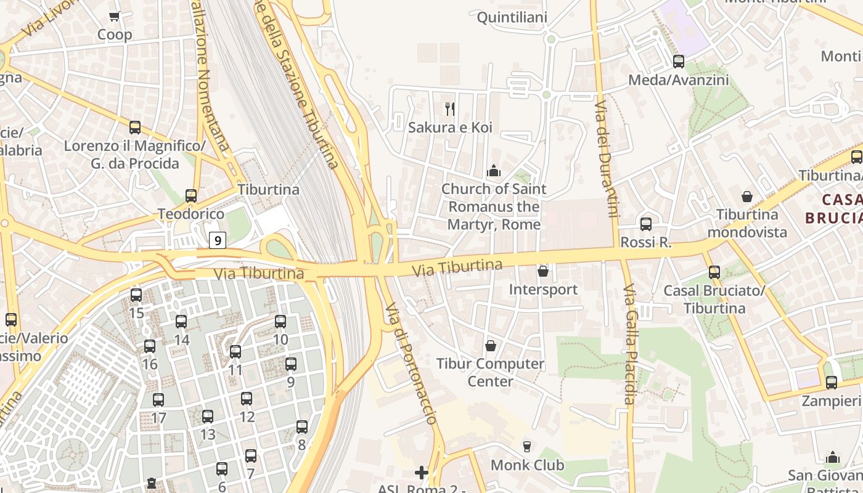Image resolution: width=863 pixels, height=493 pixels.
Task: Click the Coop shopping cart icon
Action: click(114, 17)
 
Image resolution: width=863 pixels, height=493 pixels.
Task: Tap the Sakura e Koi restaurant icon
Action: click(450, 109)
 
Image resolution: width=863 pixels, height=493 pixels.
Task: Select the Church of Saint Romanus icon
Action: click(493, 171)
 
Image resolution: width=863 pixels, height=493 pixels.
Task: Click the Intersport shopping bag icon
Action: click(543, 271)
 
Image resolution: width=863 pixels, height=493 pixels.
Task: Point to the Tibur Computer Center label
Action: click(491, 372)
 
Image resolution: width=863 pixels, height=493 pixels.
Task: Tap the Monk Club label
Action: click(527, 465)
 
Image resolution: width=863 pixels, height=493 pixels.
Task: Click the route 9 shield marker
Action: click(217, 240)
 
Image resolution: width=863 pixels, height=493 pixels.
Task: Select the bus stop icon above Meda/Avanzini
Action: click(679, 62)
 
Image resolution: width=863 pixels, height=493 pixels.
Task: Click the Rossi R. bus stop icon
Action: click(646, 224)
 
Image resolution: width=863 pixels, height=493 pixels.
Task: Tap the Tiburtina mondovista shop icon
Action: click(747, 197)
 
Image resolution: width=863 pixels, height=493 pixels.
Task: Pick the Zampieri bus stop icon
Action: click(832, 382)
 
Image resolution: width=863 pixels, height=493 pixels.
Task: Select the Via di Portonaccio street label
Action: click(411, 364)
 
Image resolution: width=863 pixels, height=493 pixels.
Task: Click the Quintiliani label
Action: click(512, 17)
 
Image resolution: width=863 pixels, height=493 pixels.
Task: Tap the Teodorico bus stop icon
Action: click(191, 196)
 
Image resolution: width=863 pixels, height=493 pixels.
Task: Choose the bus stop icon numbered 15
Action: click(136, 295)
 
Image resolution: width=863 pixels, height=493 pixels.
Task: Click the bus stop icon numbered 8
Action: click(302, 426)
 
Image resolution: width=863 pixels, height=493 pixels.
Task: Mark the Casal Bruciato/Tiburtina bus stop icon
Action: click(714, 272)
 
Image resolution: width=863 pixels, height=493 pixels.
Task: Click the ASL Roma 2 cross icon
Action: click(422, 473)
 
